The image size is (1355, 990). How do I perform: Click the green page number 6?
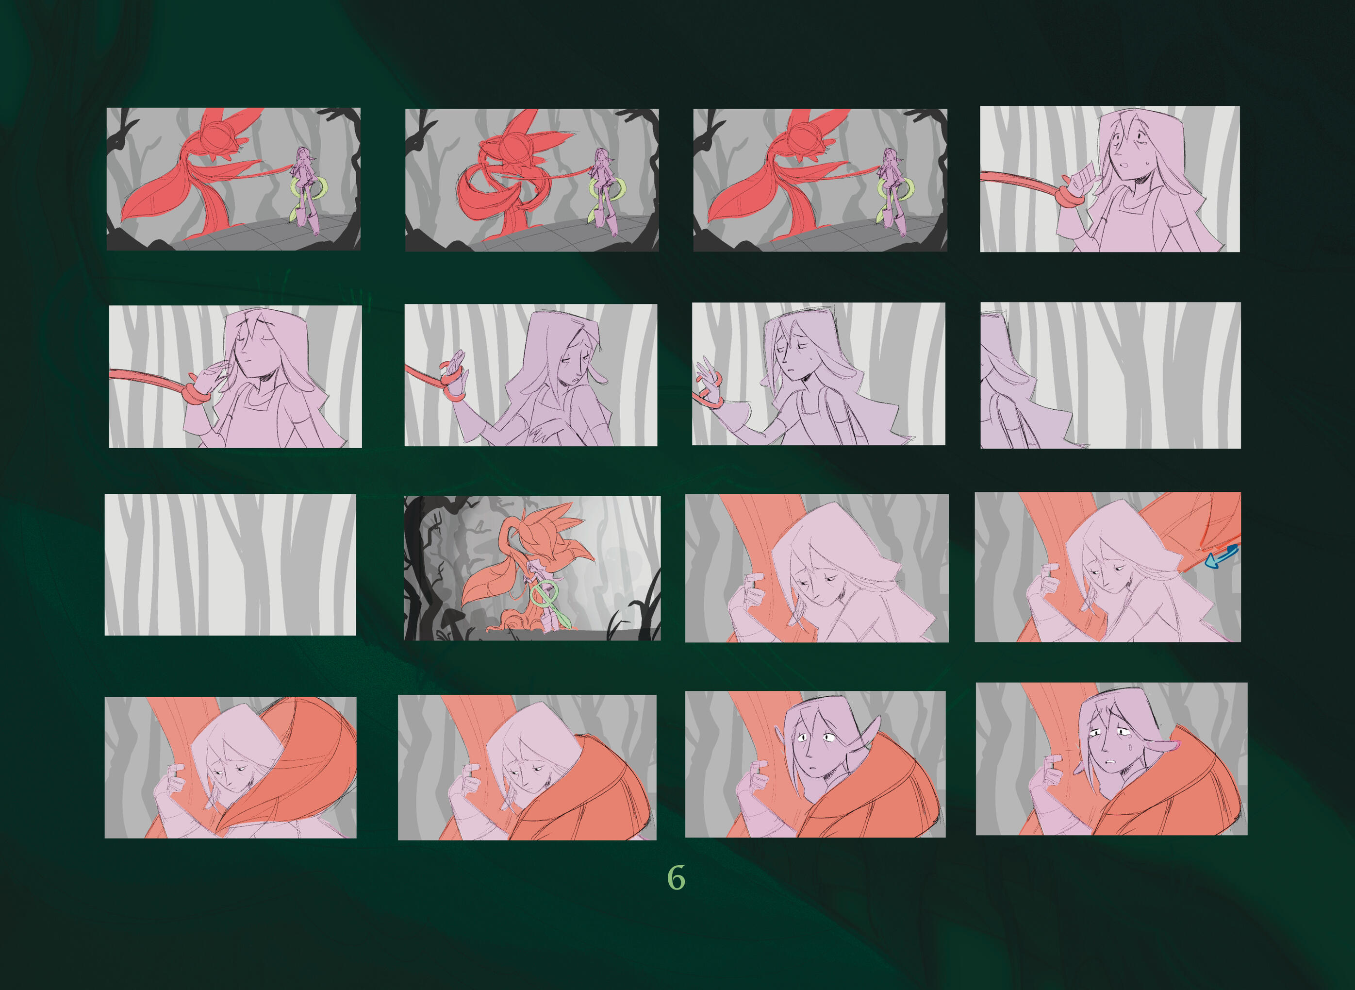[677, 878]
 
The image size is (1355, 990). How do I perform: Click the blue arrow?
[1222, 555]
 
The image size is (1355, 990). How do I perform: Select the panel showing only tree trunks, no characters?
[230, 565]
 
